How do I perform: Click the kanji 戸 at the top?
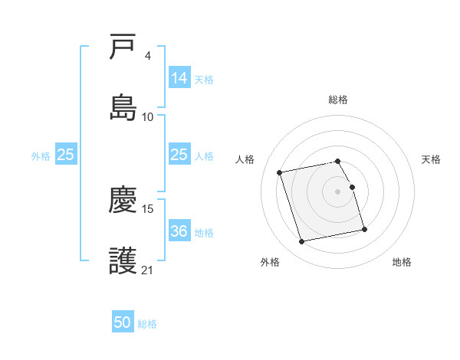click(x=123, y=48)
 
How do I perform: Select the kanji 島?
click(x=123, y=107)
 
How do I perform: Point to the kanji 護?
click(x=123, y=260)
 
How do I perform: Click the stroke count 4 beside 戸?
click(x=147, y=57)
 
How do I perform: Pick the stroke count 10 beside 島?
click(x=148, y=116)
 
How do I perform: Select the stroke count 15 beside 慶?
click(x=148, y=208)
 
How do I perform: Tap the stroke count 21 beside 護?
click(x=148, y=269)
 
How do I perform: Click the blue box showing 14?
click(x=179, y=77)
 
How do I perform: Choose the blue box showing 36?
click(x=179, y=231)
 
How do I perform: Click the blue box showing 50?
click(x=123, y=322)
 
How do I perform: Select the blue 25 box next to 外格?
click(x=66, y=155)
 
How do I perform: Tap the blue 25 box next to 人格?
click(x=179, y=155)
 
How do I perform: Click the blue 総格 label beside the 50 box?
click(x=147, y=324)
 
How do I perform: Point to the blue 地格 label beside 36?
click(x=204, y=232)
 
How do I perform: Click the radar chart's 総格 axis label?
click(x=338, y=100)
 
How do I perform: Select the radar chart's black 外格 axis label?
click(x=270, y=262)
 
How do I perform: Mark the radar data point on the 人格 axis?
click(x=280, y=172)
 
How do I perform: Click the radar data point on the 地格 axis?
click(x=364, y=229)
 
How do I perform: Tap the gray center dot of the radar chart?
click(x=338, y=191)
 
